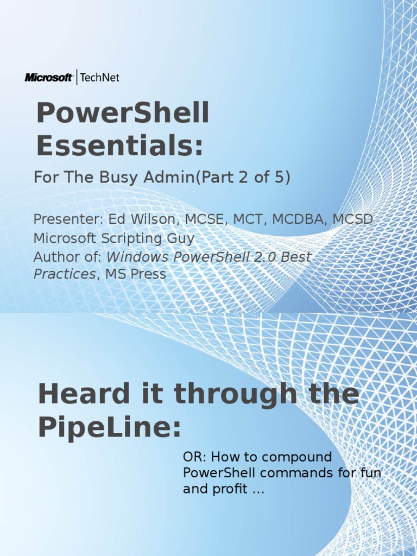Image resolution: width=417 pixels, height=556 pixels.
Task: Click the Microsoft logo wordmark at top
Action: click(x=48, y=78)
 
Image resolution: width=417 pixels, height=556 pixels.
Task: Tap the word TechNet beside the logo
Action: click(x=99, y=78)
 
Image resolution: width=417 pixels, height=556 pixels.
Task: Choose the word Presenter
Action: click(x=61, y=220)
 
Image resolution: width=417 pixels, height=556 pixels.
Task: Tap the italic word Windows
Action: click(x=134, y=257)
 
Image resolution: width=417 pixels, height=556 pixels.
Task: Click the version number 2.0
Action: click(x=264, y=257)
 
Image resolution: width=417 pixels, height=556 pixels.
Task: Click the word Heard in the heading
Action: click(x=78, y=394)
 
